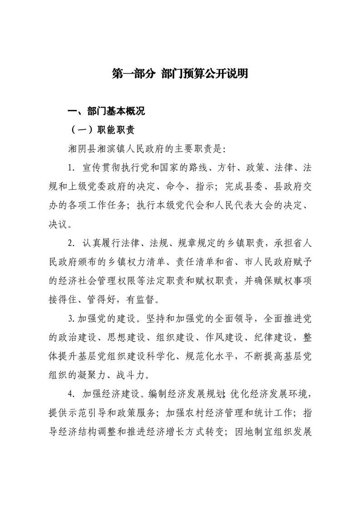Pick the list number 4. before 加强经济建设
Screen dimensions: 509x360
[70, 392]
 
